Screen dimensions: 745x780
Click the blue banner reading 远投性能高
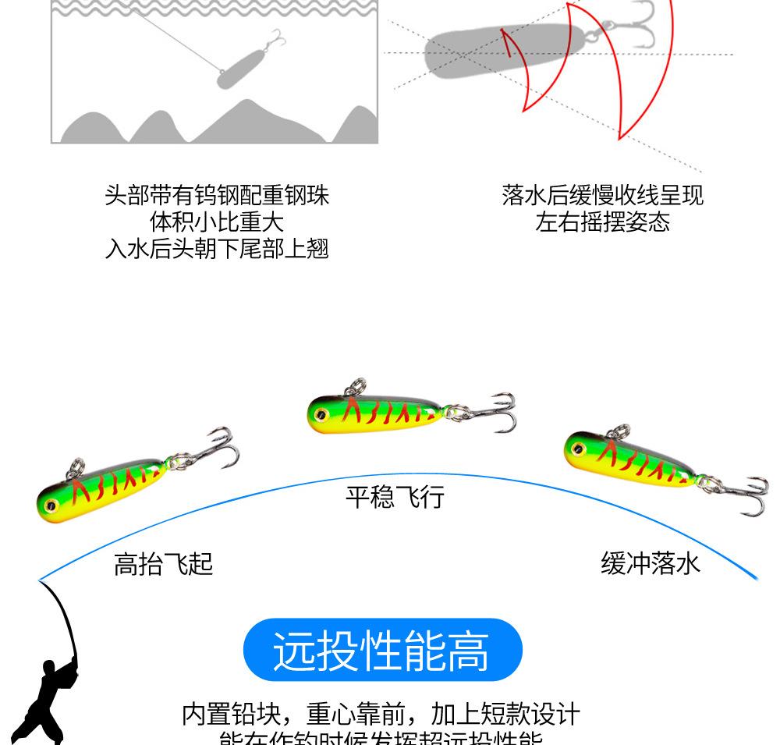click(382, 651)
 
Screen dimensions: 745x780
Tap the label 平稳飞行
click(395, 496)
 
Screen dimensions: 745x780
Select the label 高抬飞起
click(163, 563)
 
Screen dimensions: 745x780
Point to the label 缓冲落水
click(651, 562)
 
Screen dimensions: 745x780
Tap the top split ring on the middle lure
click(356, 388)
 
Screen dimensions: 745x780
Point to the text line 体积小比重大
click(217, 222)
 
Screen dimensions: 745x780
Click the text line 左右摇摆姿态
click(602, 222)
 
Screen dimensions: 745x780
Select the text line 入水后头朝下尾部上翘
click(217, 249)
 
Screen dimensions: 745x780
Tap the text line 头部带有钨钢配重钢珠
click(217, 195)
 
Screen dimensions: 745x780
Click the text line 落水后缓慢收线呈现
click(602, 195)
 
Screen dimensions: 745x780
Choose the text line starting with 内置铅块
click(381, 714)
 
